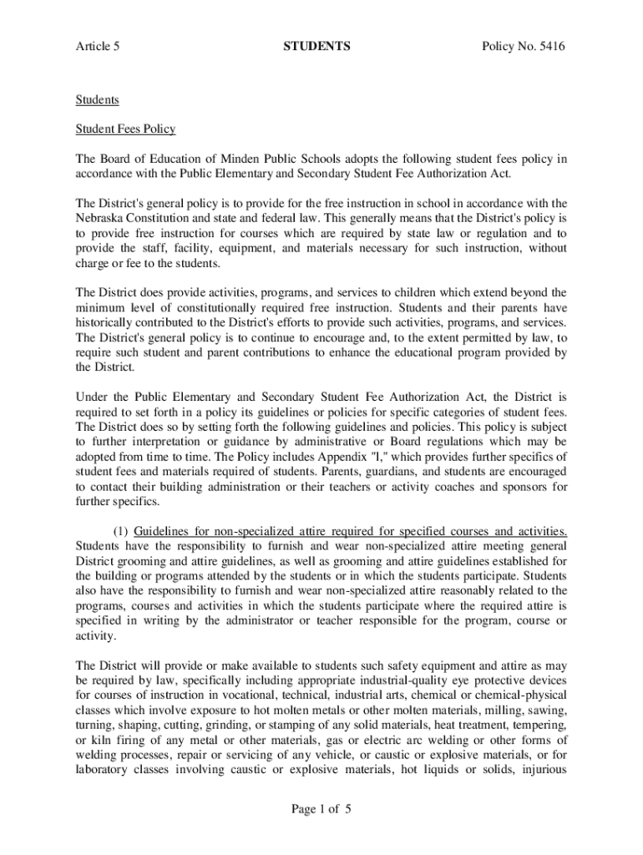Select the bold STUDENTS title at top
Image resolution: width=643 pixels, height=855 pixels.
click(316, 47)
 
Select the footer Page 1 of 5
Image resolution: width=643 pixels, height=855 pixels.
click(316, 808)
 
